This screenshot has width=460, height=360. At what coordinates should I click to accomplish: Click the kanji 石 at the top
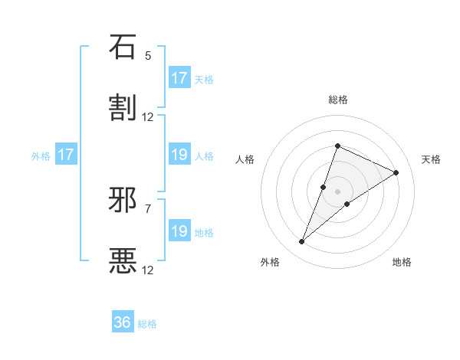[123, 47]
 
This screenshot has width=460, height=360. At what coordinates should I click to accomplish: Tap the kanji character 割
[123, 108]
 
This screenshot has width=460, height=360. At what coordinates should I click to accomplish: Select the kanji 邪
[123, 200]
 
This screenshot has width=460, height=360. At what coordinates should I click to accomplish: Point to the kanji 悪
[123, 261]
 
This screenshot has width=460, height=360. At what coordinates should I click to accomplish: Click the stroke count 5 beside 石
[148, 56]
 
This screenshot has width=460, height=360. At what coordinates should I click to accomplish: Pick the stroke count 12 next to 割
[148, 117]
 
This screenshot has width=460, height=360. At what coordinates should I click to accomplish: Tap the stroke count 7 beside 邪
[148, 208]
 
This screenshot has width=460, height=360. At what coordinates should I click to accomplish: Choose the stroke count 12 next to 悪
[148, 270]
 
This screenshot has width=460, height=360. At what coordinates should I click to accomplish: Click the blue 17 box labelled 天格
[179, 78]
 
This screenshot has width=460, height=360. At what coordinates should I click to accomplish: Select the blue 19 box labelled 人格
[179, 155]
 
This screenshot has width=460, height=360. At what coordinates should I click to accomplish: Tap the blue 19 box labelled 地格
[179, 231]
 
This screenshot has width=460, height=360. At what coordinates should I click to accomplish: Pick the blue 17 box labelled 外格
[66, 155]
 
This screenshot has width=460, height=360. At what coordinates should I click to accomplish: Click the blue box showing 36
[123, 322]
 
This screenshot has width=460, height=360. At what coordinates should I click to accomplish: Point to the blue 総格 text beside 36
[147, 324]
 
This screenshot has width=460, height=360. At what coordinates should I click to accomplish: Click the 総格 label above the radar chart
[338, 100]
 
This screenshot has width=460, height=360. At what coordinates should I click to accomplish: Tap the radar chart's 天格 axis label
[431, 159]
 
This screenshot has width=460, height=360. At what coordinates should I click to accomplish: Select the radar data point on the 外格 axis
[302, 242]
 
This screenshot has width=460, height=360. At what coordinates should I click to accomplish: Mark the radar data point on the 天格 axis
[396, 173]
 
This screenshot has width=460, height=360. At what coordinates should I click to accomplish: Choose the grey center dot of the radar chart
[338, 191]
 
